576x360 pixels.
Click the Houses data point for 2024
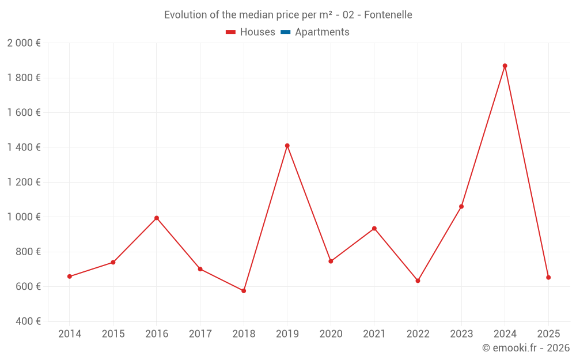click(x=505, y=66)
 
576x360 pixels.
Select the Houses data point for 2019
click(x=287, y=146)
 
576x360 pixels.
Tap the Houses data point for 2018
click(x=244, y=291)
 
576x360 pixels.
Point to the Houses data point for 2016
click(x=157, y=218)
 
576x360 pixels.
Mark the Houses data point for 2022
click(x=418, y=281)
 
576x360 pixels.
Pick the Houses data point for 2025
click(x=548, y=278)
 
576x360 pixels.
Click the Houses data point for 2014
click(x=70, y=276)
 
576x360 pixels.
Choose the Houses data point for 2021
click(x=374, y=229)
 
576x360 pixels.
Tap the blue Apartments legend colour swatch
click(x=285, y=32)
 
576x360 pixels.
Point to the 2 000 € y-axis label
click(x=24, y=43)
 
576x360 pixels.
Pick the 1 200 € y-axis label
click(x=24, y=183)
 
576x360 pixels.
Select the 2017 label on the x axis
click(x=200, y=334)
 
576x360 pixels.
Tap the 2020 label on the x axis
click(x=331, y=334)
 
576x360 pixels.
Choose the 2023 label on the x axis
click(x=461, y=334)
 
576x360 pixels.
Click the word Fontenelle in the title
click(x=388, y=15)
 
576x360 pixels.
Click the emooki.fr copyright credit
click(x=526, y=348)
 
